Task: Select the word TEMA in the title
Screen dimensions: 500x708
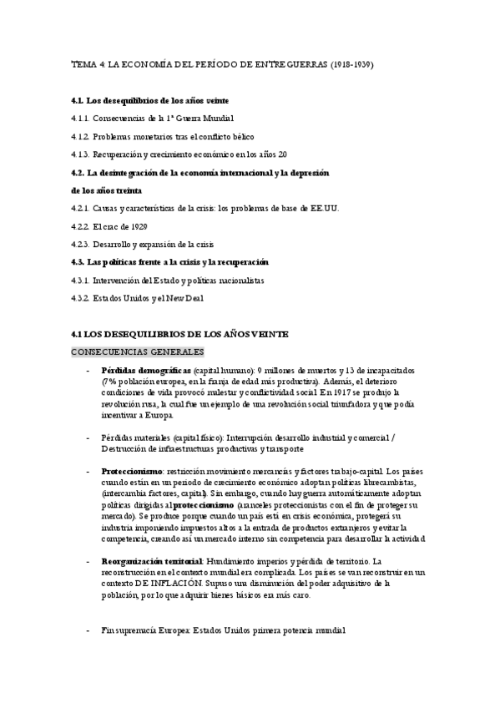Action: tap(83, 63)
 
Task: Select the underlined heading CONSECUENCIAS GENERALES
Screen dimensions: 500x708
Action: tap(137, 352)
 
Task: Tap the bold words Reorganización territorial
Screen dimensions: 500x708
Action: tap(151, 561)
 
